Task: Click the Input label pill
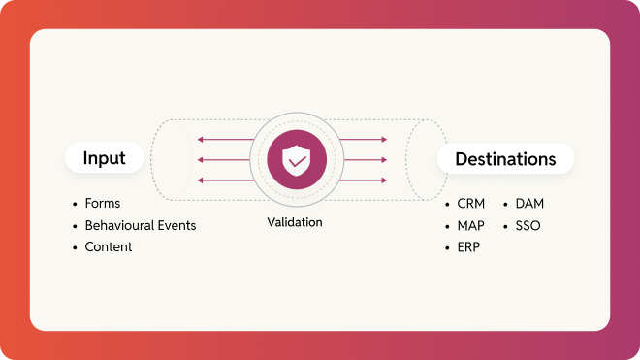104,158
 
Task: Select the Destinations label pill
505,158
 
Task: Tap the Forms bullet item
103,205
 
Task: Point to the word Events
177,226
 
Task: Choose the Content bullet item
109,247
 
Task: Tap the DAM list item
530,205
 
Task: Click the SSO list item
528,226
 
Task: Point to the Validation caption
295,222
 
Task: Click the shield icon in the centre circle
296,159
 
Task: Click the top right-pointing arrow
365,139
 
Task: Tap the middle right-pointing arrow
365,159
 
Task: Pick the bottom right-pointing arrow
365,180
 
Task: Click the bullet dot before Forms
75,206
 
